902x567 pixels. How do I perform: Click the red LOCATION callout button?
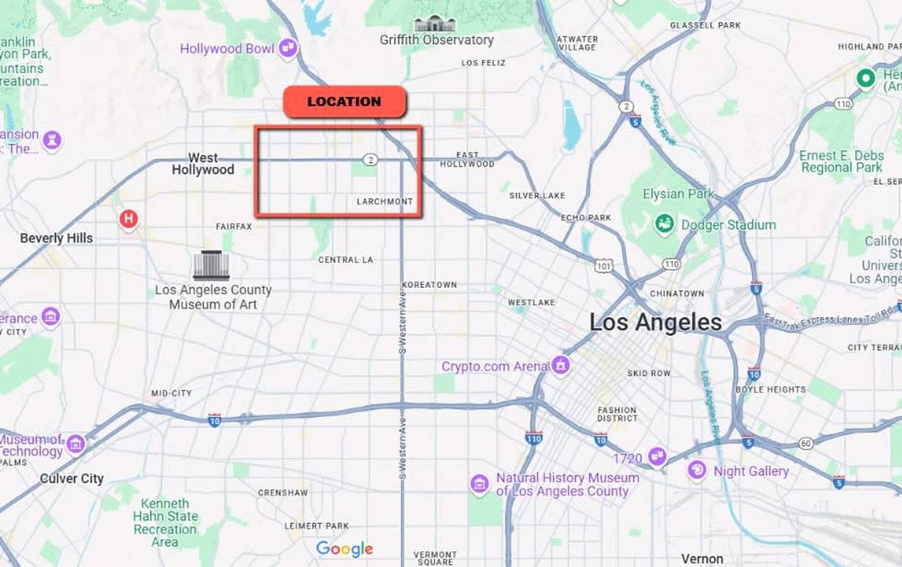pyautogui.click(x=345, y=102)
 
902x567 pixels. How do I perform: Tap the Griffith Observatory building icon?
pyautogui.click(x=435, y=24)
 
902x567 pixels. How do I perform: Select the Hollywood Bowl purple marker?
pyautogui.click(x=288, y=47)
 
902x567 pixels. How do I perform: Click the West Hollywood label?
pyautogui.click(x=203, y=164)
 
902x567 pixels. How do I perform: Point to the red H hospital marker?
pyautogui.click(x=128, y=219)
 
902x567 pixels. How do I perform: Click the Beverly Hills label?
pyautogui.click(x=56, y=238)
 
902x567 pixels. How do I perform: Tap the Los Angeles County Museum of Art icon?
pyautogui.click(x=211, y=265)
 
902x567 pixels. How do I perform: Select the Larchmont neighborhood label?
pyautogui.click(x=384, y=202)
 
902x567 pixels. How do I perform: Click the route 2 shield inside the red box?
pyautogui.click(x=370, y=160)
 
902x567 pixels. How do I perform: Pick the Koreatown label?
pyautogui.click(x=430, y=285)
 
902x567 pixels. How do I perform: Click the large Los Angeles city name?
pyautogui.click(x=655, y=323)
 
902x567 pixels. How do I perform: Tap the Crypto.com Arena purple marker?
pyautogui.click(x=560, y=365)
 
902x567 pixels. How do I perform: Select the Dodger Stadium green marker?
pyautogui.click(x=664, y=224)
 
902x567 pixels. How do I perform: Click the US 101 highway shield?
pyautogui.click(x=603, y=266)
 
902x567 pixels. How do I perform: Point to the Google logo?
pyautogui.click(x=345, y=549)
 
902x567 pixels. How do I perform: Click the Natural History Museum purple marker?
pyautogui.click(x=479, y=484)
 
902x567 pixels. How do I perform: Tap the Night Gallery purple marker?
pyautogui.click(x=697, y=470)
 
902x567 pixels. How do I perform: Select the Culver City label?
pyautogui.click(x=72, y=479)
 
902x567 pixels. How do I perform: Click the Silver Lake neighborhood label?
pyautogui.click(x=537, y=196)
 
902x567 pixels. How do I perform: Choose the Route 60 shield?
pyautogui.click(x=806, y=444)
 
